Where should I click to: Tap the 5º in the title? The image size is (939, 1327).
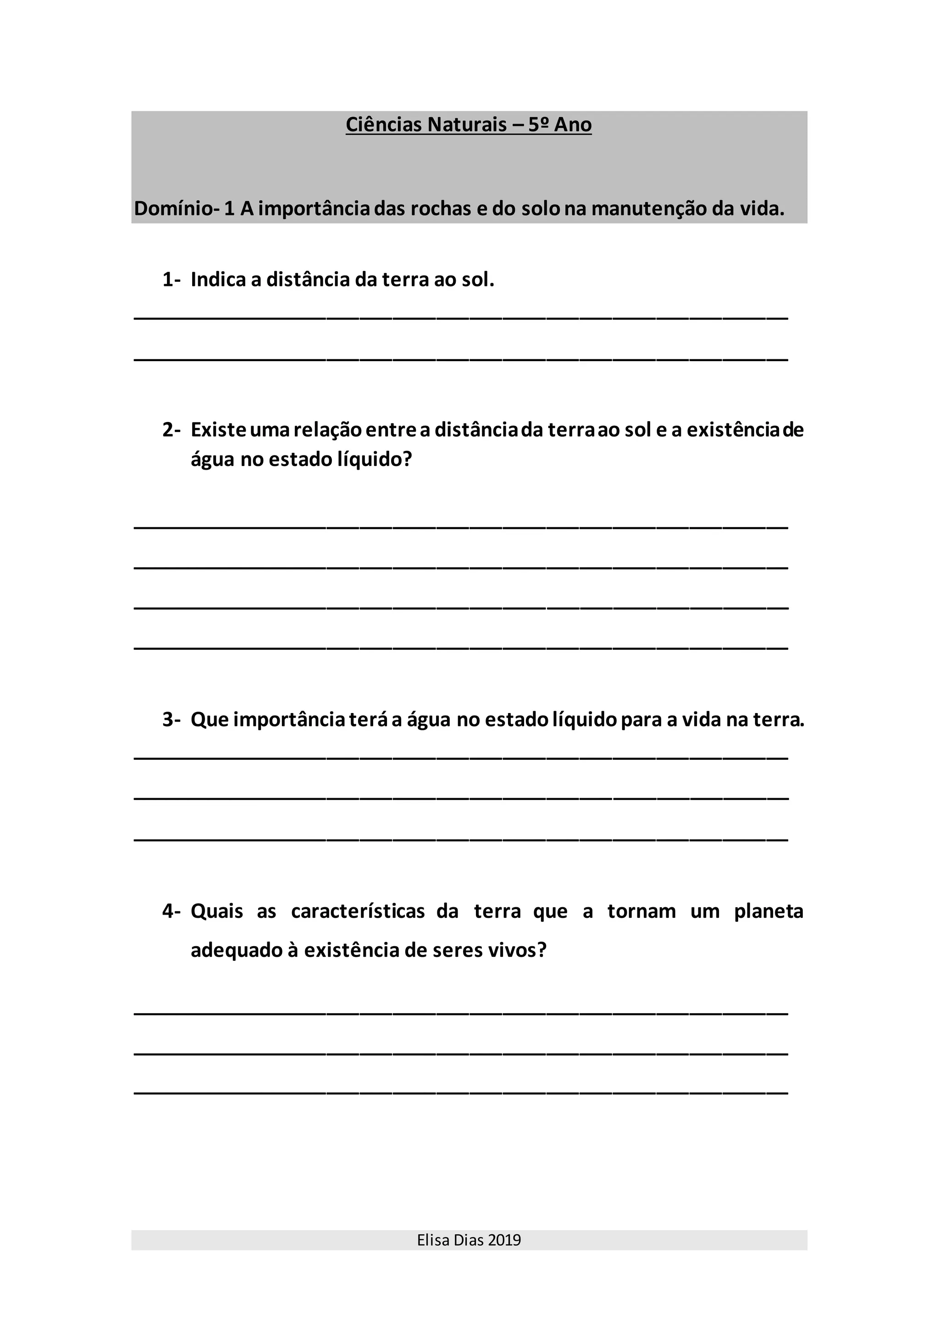point(538,125)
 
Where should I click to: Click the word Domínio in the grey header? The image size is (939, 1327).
point(173,208)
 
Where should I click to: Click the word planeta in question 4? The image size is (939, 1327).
point(768,911)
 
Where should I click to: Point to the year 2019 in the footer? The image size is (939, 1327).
point(504,1240)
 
